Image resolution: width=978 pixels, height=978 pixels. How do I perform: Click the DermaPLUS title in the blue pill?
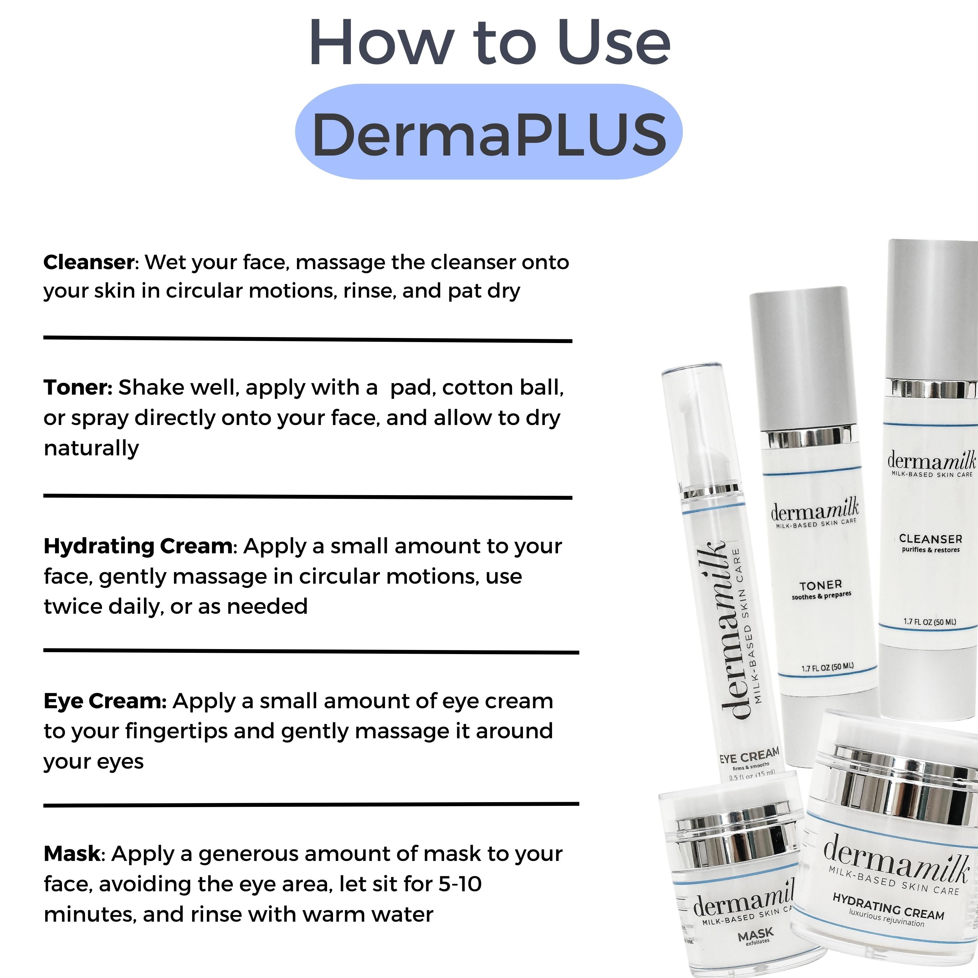tap(489, 135)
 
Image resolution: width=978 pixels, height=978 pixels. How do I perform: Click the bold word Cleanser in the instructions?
tap(89, 262)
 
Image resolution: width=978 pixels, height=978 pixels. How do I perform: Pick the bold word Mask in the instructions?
tap(72, 853)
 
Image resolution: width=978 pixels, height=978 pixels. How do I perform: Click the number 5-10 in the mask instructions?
tap(460, 884)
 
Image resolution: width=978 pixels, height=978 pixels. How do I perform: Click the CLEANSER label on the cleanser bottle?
tap(930, 539)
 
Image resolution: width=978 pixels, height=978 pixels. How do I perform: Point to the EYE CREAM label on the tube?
tap(749, 757)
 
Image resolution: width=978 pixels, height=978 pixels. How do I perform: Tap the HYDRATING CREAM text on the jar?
tap(888, 906)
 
